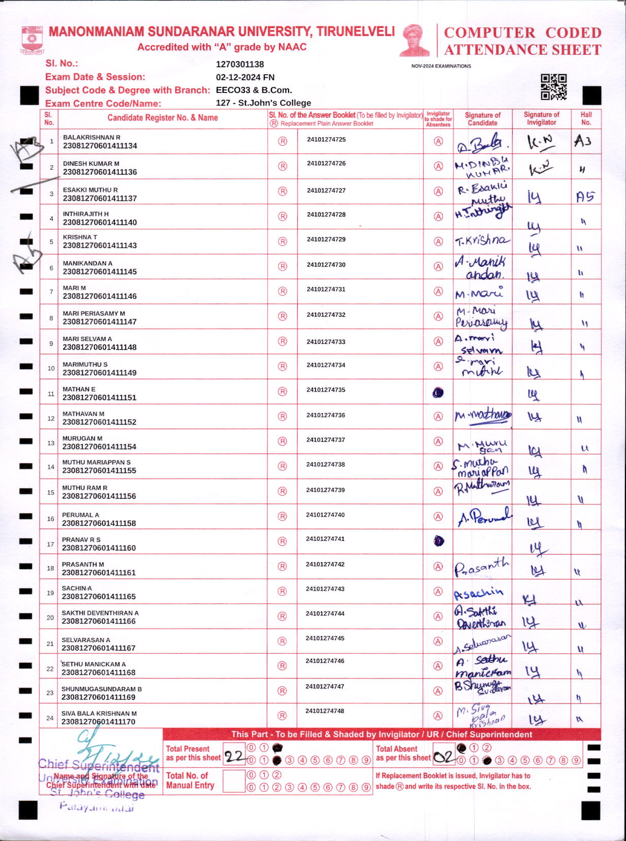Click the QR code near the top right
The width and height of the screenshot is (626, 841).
553,87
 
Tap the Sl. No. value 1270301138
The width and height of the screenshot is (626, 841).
240,64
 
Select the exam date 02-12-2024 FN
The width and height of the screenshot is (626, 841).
245,77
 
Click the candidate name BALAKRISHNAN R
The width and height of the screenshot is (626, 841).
91,138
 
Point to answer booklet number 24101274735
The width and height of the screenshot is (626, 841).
326,390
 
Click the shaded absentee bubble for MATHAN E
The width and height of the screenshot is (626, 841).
438,393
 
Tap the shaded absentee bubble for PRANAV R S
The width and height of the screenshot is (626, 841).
439,541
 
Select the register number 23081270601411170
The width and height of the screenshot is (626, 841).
99,721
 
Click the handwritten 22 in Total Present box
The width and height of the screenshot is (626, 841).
235,757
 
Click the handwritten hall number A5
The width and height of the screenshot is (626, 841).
585,197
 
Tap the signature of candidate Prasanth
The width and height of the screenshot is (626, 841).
481,567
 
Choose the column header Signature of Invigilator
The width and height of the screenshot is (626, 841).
541,119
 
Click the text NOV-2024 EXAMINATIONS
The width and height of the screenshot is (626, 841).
441,66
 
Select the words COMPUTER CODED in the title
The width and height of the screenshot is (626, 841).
522,33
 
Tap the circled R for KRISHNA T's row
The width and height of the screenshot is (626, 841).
283,242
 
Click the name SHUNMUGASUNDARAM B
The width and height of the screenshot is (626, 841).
102,689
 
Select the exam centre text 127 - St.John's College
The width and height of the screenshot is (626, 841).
263,103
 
